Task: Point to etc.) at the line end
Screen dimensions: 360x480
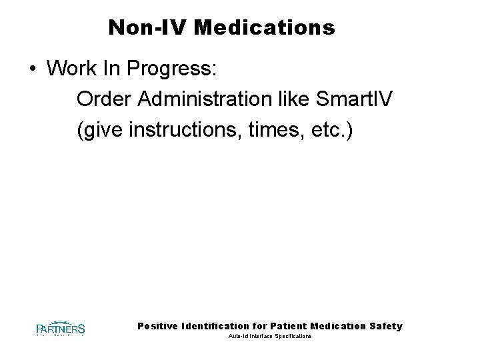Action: pyautogui.click(x=332, y=131)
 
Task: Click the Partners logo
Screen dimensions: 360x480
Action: pyautogui.click(x=60, y=328)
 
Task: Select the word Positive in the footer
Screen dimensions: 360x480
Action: pyautogui.click(x=157, y=326)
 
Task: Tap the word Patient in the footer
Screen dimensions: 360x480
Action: pyautogui.click(x=289, y=326)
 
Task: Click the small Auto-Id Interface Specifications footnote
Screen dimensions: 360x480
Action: pyautogui.click(x=269, y=337)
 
